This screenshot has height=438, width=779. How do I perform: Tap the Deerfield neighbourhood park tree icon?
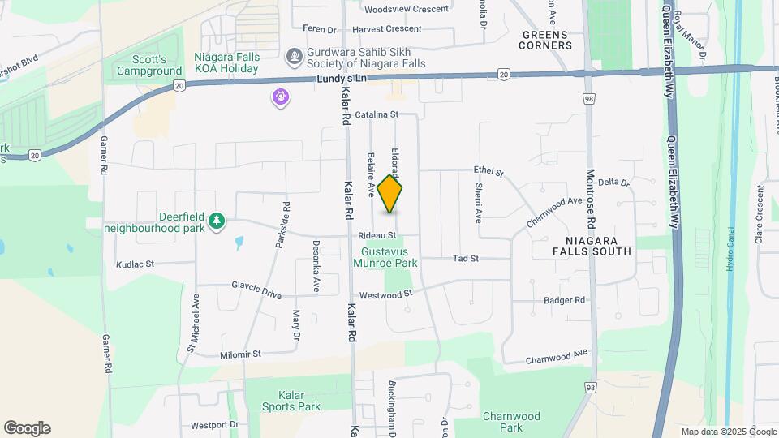pos(217,221)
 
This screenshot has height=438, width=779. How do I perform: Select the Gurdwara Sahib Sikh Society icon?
pos(294,57)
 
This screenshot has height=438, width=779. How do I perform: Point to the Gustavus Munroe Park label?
pos(384,257)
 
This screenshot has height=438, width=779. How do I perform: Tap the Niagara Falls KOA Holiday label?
pos(226,63)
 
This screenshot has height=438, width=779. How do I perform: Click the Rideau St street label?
pos(377,236)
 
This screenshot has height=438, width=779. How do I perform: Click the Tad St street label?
pos(466,259)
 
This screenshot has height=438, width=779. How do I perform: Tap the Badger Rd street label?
pos(565,300)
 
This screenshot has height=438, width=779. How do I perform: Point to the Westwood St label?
pos(386,294)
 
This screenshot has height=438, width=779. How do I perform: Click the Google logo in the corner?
pos(27,428)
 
